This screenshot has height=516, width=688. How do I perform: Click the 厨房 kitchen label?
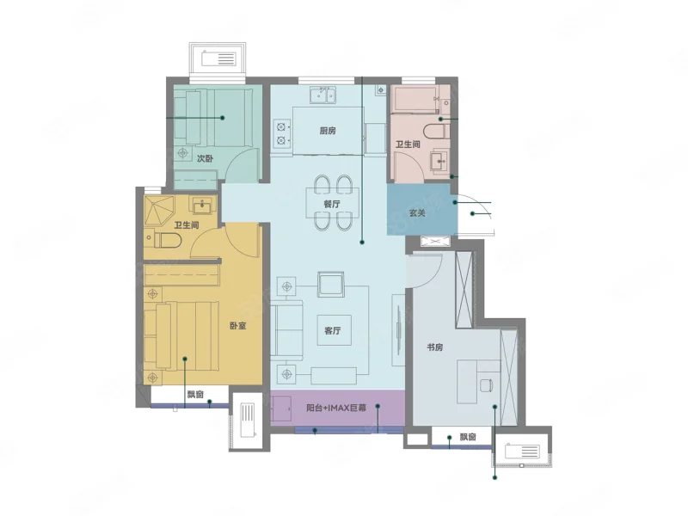328,131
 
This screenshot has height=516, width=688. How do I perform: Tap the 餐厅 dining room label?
332,204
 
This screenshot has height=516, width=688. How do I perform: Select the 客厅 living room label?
333,330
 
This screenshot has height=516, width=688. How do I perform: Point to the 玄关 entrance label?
417,212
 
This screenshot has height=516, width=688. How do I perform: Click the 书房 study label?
435,347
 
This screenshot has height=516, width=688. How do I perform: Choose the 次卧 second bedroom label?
205,158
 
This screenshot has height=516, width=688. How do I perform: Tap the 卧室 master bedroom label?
238,326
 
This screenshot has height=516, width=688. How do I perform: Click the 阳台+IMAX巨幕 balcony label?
336,408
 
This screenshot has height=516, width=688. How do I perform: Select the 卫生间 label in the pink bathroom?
408,144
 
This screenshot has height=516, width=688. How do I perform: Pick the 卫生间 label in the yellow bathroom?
187,225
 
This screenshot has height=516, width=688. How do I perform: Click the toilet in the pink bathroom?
436,131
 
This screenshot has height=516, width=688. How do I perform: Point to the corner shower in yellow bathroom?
159,211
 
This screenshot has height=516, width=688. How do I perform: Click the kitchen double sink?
323,95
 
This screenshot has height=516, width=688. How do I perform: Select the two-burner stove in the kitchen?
282,134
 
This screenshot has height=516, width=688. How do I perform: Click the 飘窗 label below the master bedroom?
195,395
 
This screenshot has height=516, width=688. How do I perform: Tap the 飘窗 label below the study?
468,437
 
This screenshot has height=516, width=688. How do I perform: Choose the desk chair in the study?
486,385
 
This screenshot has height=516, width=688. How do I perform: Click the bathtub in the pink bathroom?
415,100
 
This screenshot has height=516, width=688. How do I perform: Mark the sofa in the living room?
286,330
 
